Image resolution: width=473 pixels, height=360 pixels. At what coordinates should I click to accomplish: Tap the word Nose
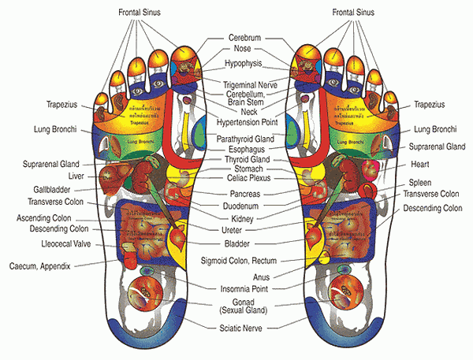243,49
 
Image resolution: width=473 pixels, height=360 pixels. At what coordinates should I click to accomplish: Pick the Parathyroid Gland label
244,139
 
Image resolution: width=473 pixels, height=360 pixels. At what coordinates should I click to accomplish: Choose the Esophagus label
244,149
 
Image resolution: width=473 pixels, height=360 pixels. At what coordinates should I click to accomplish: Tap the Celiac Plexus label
244,178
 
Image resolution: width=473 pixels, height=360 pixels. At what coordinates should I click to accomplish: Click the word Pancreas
244,193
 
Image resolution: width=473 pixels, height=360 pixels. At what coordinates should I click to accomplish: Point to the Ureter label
244,230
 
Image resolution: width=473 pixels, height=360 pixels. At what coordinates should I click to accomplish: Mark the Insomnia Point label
244,288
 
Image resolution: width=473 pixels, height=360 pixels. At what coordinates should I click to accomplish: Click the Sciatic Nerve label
244,325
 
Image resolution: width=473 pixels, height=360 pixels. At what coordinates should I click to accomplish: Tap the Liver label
76,176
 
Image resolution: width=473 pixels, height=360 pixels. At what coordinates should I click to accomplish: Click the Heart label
419,165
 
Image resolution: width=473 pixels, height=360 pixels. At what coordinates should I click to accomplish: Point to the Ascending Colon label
47,217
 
